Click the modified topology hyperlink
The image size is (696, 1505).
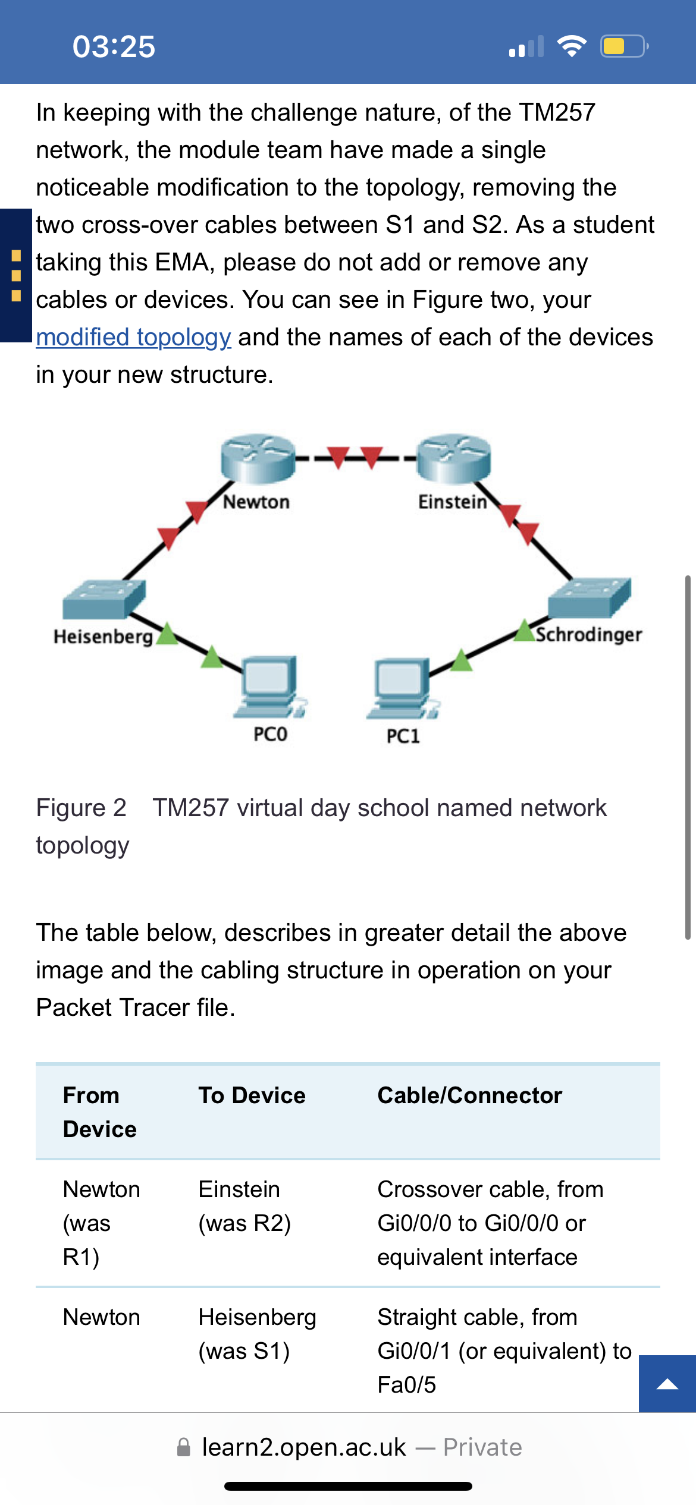pos(133,337)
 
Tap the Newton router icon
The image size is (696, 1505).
pos(258,458)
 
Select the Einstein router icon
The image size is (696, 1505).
pos(454,458)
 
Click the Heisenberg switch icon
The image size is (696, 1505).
pos(104,599)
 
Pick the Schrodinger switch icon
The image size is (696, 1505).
pos(590,597)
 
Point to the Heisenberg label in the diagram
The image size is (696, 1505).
pos(104,637)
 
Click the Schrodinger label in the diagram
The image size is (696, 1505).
pos(589,635)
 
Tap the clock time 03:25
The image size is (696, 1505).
pos(114,46)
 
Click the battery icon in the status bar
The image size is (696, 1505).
pos(624,46)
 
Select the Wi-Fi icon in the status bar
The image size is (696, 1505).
pos(572,46)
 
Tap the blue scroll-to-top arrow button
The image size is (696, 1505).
pos(667,1384)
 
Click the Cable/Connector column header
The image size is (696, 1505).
pos(470,1095)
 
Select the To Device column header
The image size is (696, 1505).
pos(252,1095)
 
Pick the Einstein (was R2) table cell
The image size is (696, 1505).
pos(244,1206)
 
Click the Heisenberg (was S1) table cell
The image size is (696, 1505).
pos(257,1334)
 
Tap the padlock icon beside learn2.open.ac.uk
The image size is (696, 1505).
pos(184,1447)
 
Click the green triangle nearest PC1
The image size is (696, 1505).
pos(461,660)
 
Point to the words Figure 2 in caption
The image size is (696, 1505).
pos(81,808)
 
